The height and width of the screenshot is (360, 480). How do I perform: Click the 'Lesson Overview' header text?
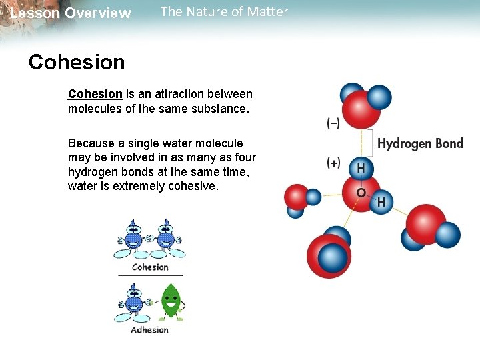[x=71, y=13]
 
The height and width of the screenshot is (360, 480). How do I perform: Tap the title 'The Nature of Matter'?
[x=224, y=11]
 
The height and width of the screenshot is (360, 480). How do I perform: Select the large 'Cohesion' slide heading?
[x=77, y=62]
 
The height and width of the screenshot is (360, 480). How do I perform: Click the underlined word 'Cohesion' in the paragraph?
[x=95, y=94]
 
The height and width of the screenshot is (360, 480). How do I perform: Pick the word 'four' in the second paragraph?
[x=244, y=157]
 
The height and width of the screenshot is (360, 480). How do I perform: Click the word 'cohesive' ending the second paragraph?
[x=195, y=186]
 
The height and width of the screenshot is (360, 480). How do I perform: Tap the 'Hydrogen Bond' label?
[x=420, y=143]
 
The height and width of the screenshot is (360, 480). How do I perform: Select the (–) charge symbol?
[x=333, y=123]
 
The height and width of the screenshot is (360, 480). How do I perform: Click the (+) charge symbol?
[x=333, y=163]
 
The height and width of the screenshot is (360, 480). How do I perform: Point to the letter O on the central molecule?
[x=361, y=193]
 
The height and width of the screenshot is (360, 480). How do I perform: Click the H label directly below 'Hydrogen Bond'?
[x=361, y=169]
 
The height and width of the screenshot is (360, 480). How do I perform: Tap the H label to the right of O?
[x=382, y=202]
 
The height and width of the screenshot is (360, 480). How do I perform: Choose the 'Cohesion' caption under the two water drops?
[x=150, y=267]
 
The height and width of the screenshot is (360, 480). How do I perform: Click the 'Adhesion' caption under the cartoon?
[x=149, y=329]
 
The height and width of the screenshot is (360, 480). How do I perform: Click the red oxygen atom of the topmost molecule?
[x=360, y=110]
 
